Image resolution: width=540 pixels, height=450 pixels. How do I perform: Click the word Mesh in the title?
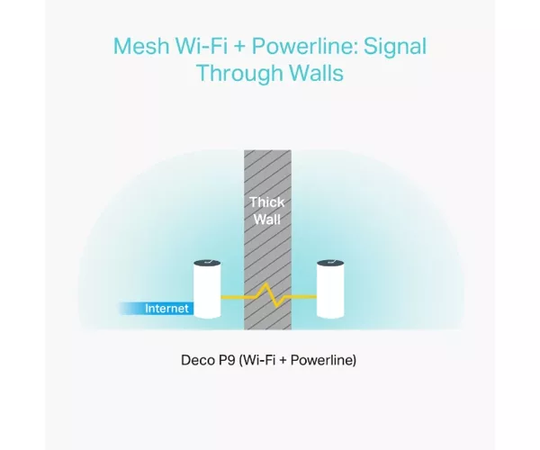(x=141, y=46)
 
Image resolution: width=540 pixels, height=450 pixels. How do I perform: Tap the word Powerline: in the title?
(x=305, y=46)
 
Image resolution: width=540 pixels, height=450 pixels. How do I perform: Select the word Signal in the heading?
(x=395, y=47)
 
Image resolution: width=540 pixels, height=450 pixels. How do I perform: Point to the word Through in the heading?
(x=239, y=73)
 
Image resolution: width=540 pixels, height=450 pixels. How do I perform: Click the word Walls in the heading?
(x=316, y=73)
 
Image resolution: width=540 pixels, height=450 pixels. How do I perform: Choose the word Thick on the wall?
(x=267, y=202)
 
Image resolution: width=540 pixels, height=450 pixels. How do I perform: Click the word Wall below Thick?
(x=267, y=220)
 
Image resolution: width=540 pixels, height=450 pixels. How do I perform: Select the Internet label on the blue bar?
(x=166, y=308)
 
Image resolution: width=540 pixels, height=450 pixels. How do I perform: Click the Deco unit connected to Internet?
(x=207, y=289)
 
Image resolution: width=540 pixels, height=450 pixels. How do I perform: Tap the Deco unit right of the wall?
(x=330, y=289)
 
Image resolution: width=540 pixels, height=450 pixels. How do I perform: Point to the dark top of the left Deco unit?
(x=207, y=264)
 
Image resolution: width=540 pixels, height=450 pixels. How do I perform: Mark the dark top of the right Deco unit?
(x=330, y=264)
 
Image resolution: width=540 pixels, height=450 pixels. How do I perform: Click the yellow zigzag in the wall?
(x=268, y=295)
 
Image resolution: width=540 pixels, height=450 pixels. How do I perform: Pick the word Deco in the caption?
(x=196, y=360)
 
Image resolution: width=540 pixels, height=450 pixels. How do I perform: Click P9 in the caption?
(x=225, y=360)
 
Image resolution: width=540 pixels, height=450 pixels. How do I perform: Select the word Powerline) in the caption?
(x=323, y=361)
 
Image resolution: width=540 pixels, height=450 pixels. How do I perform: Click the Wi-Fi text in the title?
(x=201, y=46)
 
